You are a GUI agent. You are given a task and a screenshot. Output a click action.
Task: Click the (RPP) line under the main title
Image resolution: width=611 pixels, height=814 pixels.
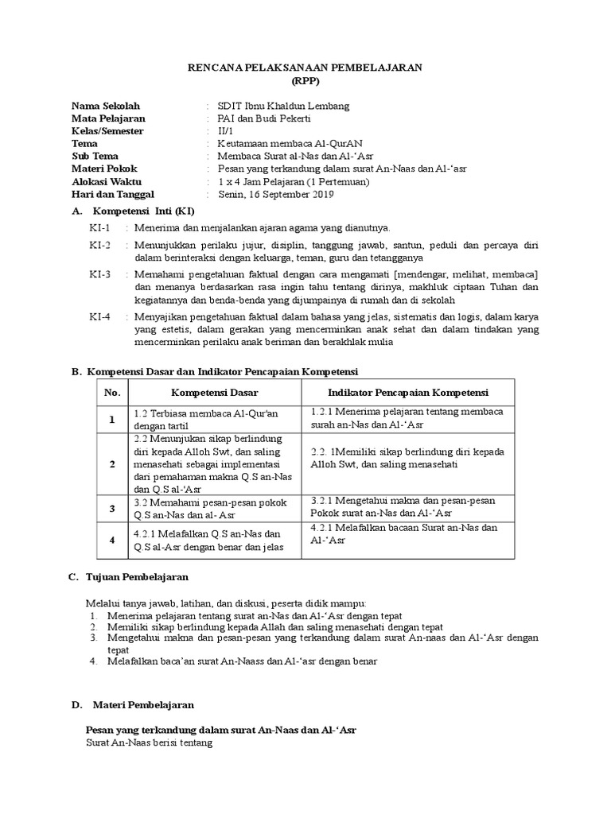[x=305, y=81]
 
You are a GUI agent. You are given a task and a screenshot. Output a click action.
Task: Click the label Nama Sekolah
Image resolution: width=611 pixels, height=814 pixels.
[x=106, y=106]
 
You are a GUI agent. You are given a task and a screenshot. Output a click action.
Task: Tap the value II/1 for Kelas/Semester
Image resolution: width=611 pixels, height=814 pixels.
[x=227, y=131]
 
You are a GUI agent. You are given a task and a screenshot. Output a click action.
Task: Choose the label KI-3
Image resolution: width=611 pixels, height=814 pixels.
[x=100, y=274]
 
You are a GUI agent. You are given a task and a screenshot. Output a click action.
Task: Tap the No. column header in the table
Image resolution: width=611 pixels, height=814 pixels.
[x=112, y=393]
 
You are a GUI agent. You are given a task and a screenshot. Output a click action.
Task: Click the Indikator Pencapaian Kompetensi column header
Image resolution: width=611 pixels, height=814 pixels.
[x=408, y=393]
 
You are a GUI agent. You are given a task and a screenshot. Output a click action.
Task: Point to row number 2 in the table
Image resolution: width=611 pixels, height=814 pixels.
[x=112, y=463]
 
